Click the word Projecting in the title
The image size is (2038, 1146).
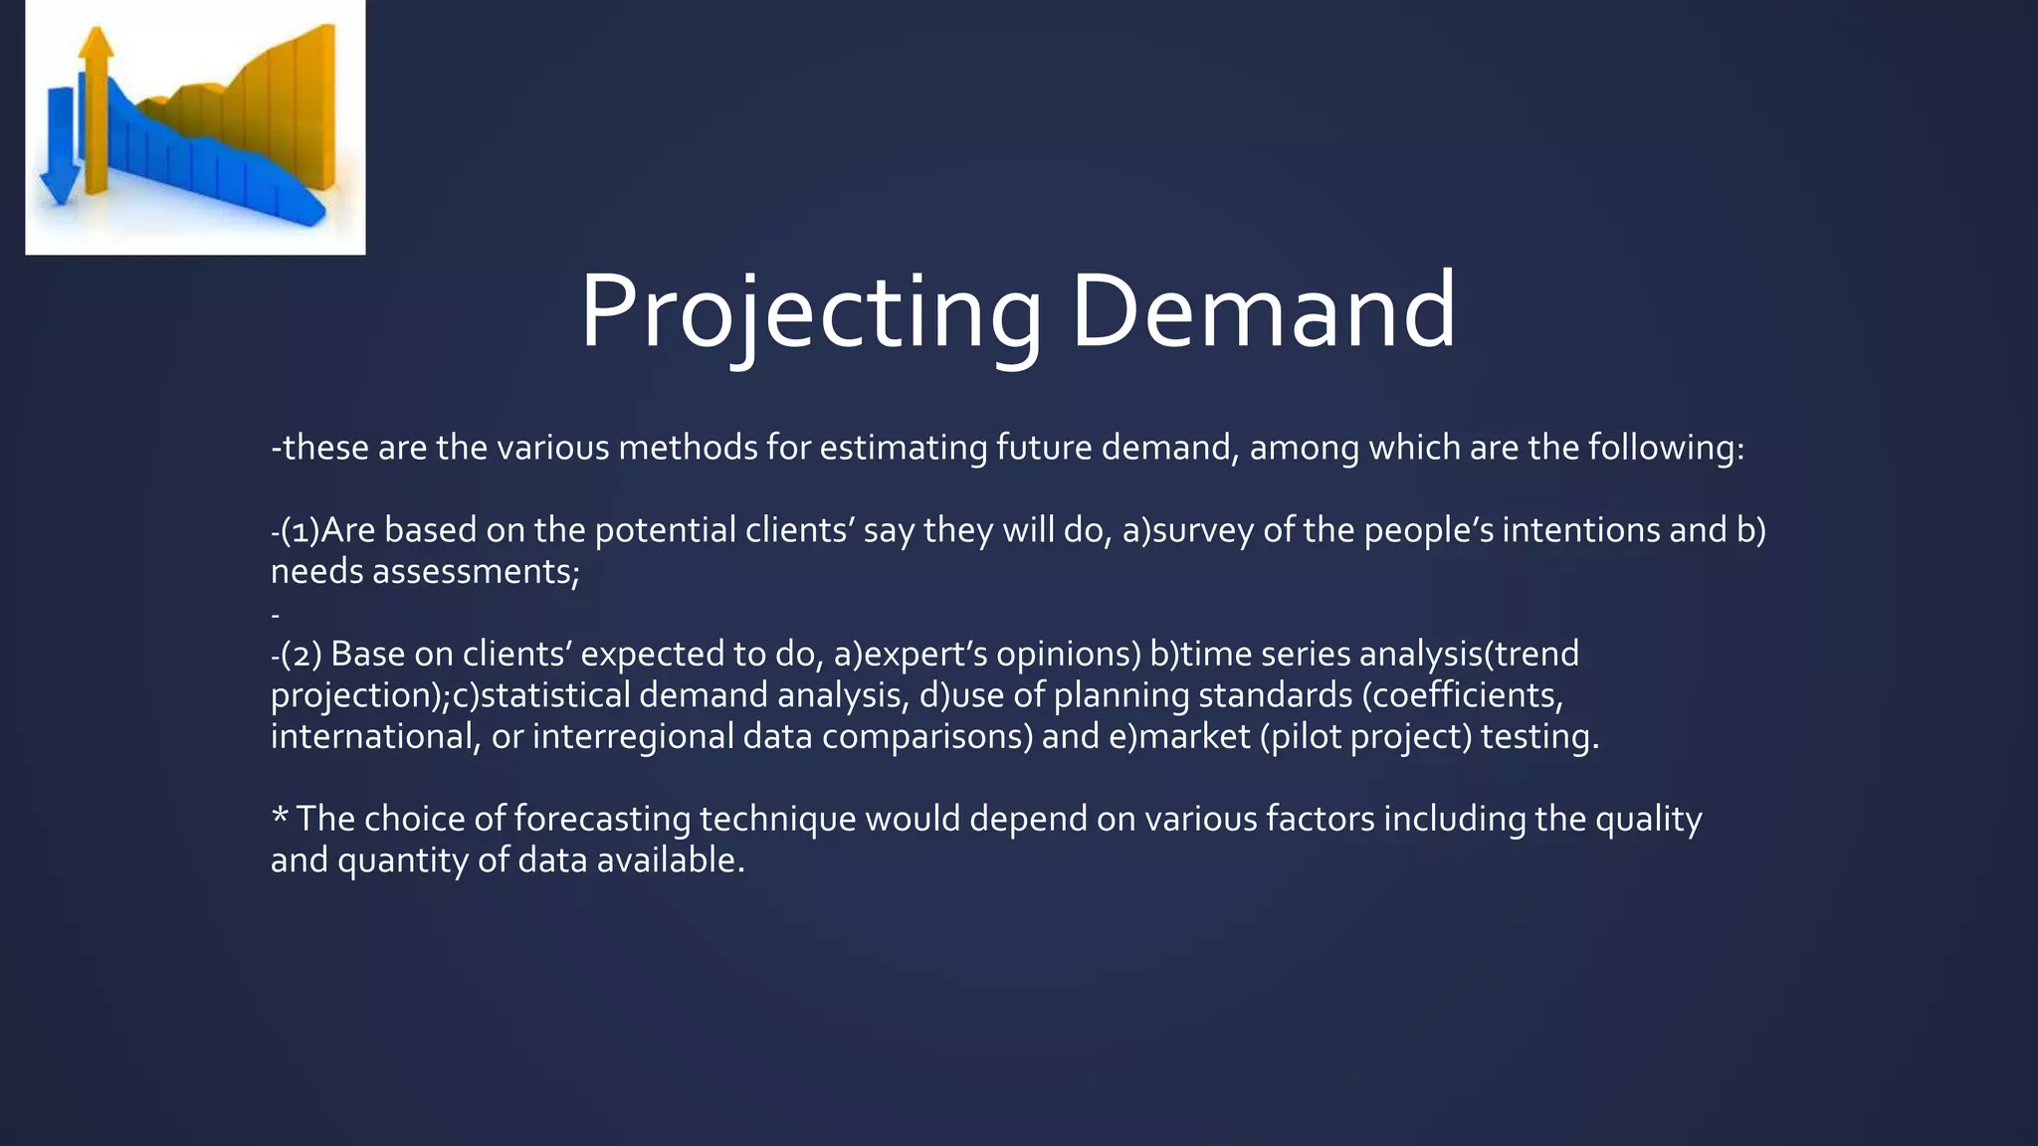[x=811, y=313]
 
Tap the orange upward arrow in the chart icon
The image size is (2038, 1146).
[x=97, y=109]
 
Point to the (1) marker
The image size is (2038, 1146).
[x=300, y=530]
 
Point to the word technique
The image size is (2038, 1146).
[x=777, y=820]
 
